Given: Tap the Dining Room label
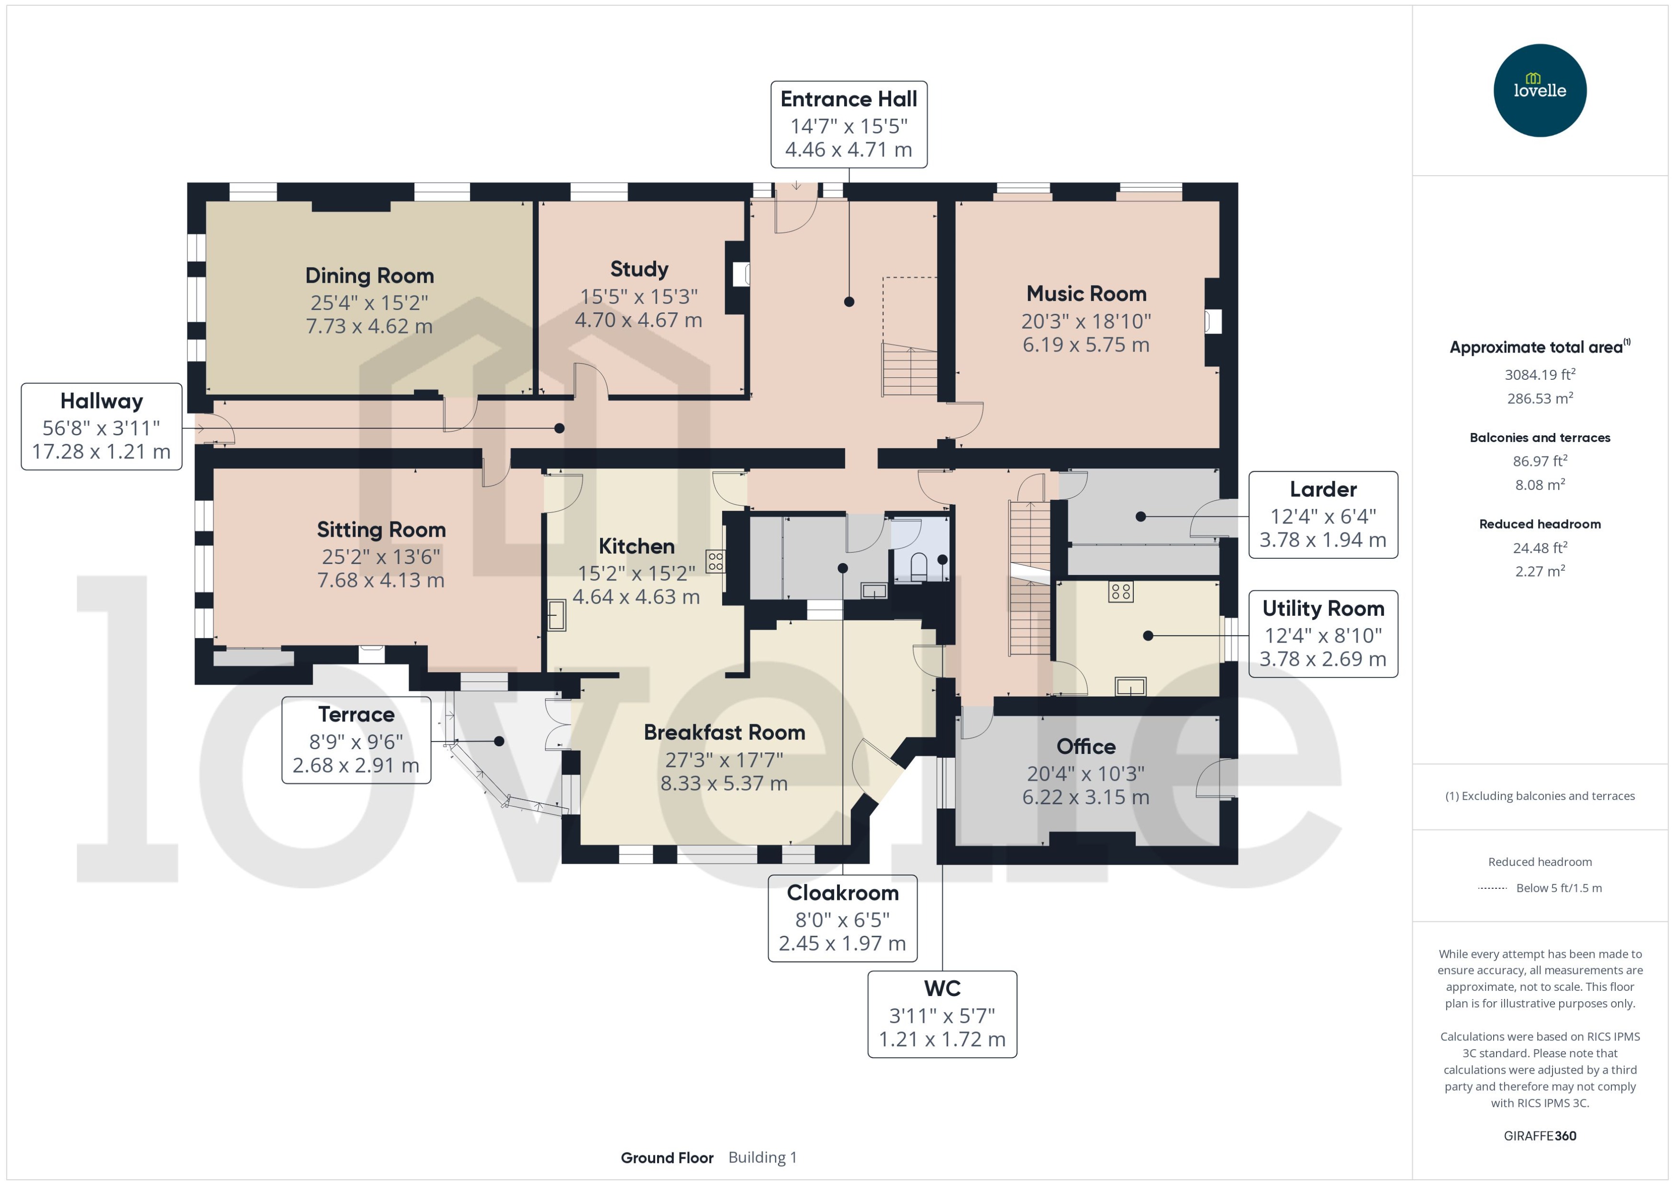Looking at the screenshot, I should (x=369, y=276).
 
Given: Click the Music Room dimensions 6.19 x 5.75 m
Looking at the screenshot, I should (x=1085, y=344).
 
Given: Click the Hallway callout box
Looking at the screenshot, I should (x=101, y=427).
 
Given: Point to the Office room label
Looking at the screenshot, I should (x=1085, y=746).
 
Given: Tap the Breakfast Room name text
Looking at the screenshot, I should (x=724, y=732).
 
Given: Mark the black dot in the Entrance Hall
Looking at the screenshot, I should (x=849, y=301).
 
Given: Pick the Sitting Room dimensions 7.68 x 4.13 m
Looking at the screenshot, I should (x=380, y=580).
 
